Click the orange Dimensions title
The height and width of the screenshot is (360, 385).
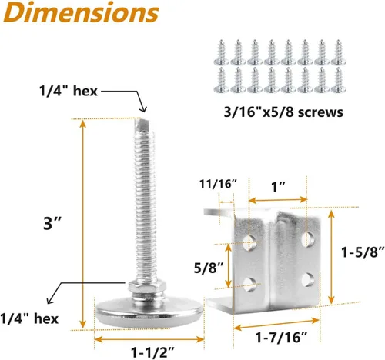(81, 12)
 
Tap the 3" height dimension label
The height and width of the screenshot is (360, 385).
(52, 223)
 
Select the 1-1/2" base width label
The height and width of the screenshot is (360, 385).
(153, 352)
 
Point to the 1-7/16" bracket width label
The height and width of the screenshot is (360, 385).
(281, 337)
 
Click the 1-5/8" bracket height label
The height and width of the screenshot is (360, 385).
(363, 252)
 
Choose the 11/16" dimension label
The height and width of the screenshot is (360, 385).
(218, 184)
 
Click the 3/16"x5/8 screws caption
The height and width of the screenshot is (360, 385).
(283, 112)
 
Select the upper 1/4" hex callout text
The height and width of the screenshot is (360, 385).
(69, 91)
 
